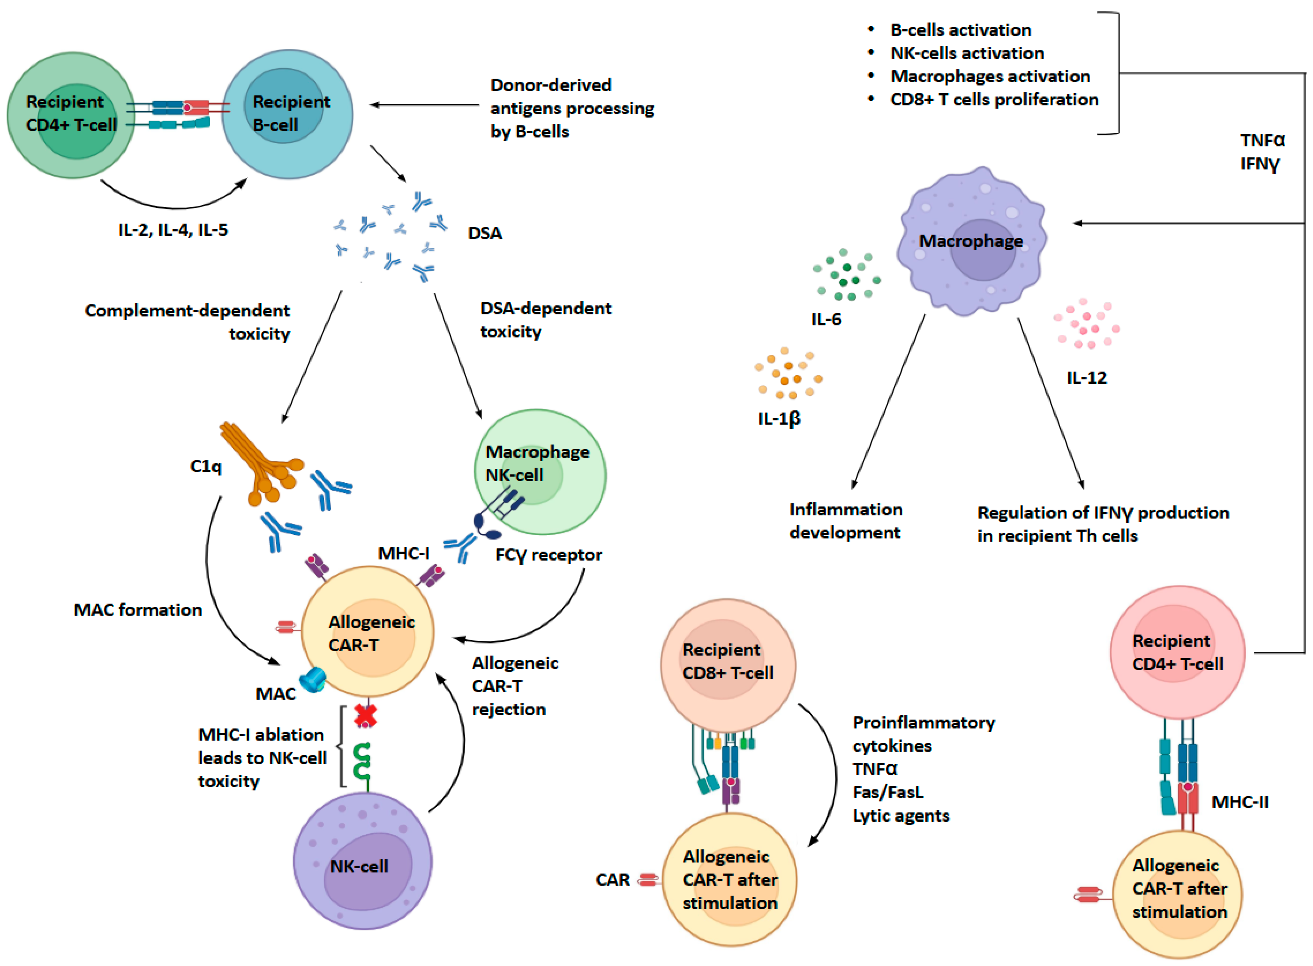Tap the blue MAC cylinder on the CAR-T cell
(313, 679)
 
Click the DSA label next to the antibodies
(485, 233)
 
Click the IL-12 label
(1086, 378)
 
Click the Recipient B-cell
(288, 114)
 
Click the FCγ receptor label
(548, 555)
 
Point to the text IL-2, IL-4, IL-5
(173, 230)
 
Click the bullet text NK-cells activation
(967, 53)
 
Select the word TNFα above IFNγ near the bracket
(1262, 140)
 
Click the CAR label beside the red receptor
(612, 880)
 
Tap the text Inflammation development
(845, 521)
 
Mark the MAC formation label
(138, 610)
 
